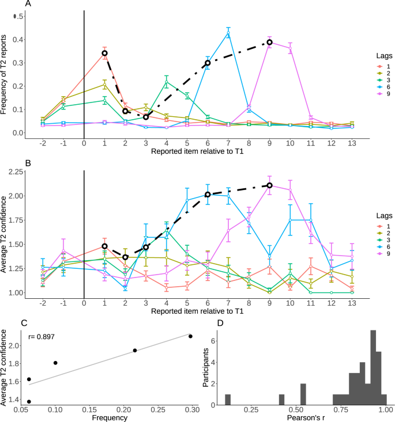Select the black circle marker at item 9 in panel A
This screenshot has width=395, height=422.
(x=269, y=42)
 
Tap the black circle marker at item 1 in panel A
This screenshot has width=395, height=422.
(x=104, y=53)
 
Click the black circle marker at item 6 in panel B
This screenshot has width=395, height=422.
(x=208, y=195)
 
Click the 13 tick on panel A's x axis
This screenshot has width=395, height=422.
(x=352, y=142)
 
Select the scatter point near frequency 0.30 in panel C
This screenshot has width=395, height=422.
(x=190, y=336)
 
